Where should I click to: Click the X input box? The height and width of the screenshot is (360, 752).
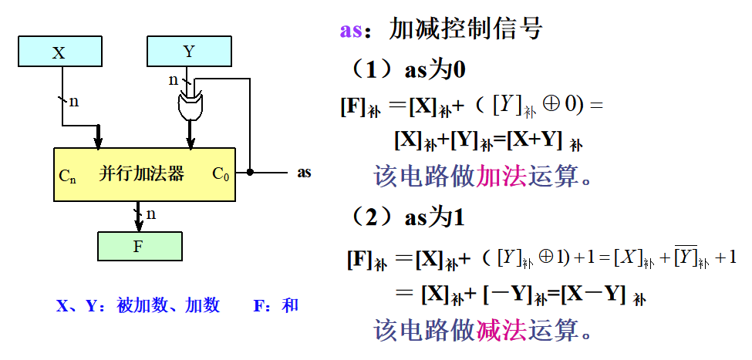60,52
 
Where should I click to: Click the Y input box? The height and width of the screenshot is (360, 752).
190,52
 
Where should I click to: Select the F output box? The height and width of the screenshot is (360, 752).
140,247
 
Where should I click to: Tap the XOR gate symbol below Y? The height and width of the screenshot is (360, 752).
190,105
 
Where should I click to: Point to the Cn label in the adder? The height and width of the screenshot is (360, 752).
68,175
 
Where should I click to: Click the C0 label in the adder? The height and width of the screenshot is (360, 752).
221,174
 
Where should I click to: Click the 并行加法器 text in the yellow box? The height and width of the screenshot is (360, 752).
142,173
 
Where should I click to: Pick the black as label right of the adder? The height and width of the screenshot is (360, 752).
305,172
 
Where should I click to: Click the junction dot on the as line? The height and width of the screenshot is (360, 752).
250,172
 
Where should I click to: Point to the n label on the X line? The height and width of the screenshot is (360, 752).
74,101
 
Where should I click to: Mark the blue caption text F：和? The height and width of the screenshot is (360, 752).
275,306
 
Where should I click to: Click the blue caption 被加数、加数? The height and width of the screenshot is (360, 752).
168,306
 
